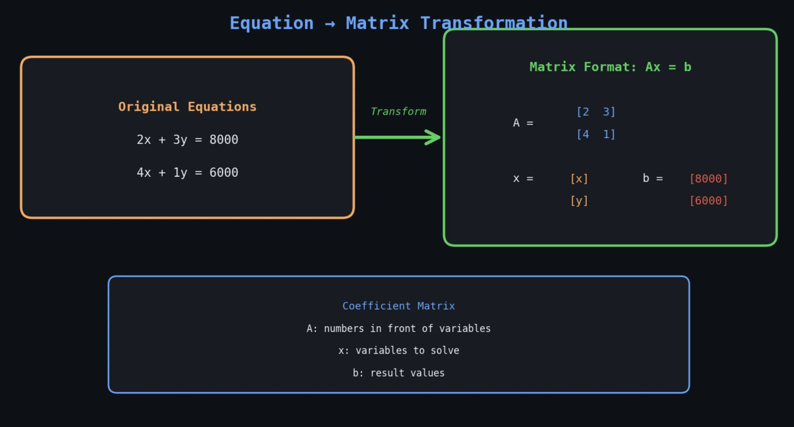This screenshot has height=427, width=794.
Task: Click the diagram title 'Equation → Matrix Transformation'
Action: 398,23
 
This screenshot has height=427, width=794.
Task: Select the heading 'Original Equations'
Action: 187,107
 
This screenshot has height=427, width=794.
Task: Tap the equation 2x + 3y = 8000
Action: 187,140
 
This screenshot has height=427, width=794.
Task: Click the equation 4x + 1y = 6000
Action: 187,173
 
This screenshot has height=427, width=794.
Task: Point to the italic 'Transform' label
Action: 398,112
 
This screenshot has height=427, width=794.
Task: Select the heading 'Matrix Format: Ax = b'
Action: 610,67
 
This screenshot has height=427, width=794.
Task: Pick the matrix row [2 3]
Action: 595,112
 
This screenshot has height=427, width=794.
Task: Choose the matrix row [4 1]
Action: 595,134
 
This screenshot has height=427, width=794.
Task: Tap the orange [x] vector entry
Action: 579,179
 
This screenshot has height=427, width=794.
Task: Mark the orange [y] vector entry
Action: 579,201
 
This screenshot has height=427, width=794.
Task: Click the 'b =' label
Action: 652,178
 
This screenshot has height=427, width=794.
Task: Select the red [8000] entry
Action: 709,179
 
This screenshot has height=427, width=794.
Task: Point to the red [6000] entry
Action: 709,201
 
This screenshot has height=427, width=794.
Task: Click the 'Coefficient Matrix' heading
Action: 399,306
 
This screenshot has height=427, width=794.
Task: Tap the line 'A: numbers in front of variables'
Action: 399,328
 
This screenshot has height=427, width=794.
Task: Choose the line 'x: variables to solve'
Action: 399,350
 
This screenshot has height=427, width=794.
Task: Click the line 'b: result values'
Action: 399,373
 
